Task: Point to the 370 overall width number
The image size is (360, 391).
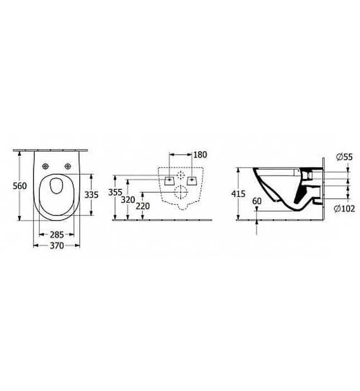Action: tap(55, 245)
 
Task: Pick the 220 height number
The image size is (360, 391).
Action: tap(144, 205)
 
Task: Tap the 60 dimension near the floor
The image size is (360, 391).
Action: tap(257, 201)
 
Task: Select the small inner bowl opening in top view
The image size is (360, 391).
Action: tap(55, 185)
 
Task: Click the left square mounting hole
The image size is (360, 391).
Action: tap(168, 180)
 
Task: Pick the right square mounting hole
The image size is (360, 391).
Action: tap(192, 180)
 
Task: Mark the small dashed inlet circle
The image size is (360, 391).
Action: tap(180, 175)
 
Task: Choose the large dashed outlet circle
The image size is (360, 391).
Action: tap(180, 193)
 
